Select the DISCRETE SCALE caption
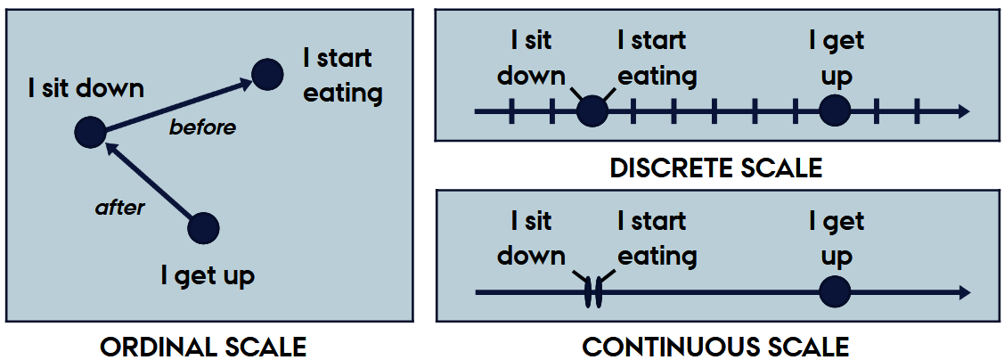click(716, 168)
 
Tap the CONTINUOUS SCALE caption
click(716, 347)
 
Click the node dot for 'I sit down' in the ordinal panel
click(89, 132)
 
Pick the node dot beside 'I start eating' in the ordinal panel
click(266, 74)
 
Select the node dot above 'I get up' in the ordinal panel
click(204, 228)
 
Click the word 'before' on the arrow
click(202, 127)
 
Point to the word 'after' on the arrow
click(119, 208)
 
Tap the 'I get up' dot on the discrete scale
click(835, 112)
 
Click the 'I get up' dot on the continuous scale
click(835, 292)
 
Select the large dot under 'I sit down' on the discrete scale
click(592, 112)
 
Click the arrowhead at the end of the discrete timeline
click(962, 112)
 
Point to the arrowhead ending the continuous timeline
click(962, 292)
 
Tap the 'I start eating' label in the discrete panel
click(657, 58)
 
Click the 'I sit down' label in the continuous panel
click(531, 238)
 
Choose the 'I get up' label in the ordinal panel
click(208, 275)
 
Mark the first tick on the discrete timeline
click(511, 112)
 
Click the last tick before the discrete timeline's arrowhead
click(917, 112)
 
